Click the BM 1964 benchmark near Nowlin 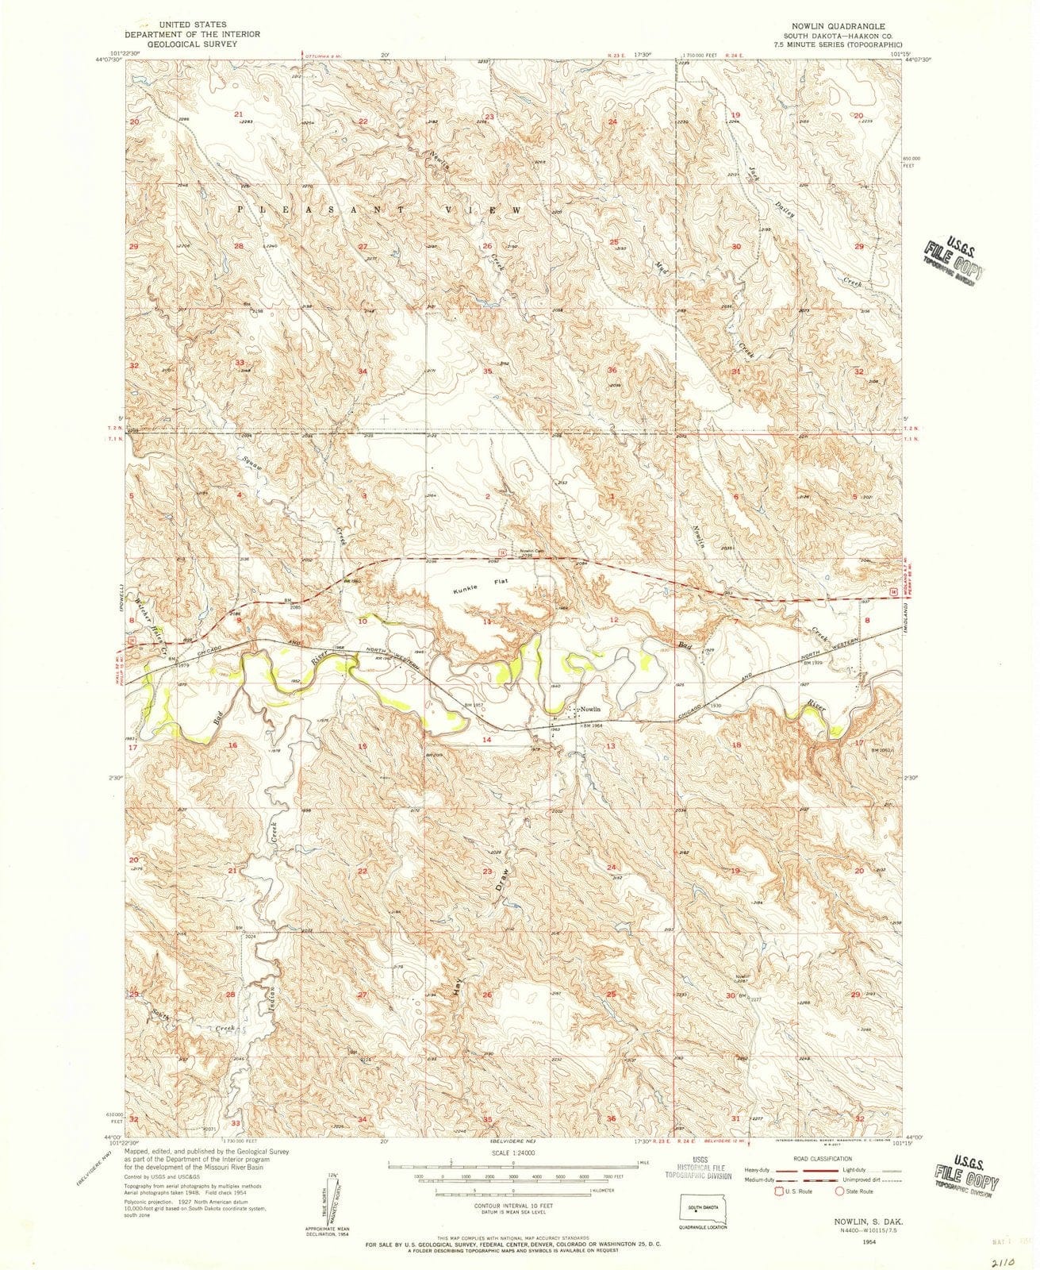(x=593, y=724)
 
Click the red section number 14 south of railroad (x=487, y=739)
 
